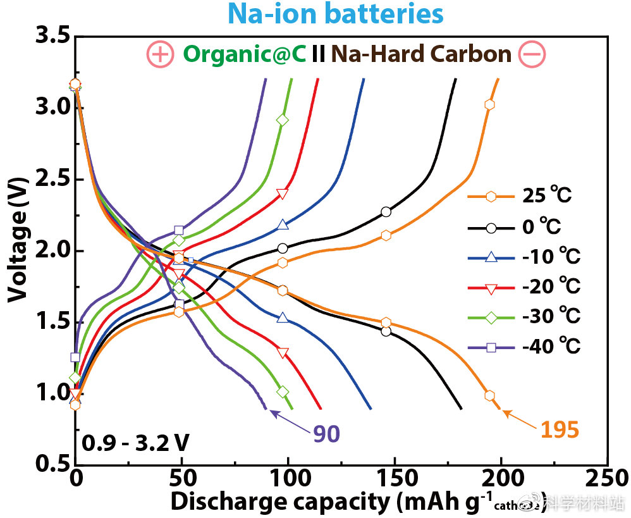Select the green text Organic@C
[245, 54]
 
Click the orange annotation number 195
[560, 430]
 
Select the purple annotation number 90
[326, 434]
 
